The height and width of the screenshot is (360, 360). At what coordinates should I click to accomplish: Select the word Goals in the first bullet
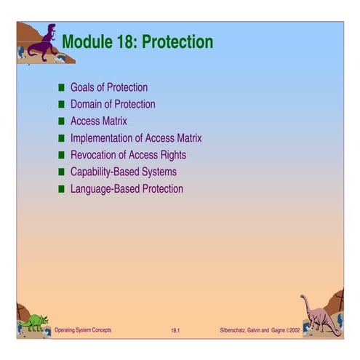(84, 87)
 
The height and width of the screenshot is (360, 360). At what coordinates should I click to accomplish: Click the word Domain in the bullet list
(88, 104)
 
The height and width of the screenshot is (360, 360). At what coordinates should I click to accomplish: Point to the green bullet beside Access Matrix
(62, 121)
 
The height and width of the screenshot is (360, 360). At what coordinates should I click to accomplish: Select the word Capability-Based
(105, 172)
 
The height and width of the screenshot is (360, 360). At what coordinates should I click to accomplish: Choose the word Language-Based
(103, 189)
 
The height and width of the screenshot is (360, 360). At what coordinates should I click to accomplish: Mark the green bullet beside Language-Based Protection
(62, 189)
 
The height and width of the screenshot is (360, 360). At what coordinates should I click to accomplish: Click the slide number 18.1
(175, 332)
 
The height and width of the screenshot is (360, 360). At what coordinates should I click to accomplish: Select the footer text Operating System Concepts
(83, 331)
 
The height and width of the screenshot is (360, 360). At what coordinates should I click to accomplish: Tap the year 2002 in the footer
(293, 331)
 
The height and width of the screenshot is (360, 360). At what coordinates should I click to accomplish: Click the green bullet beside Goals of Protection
(62, 87)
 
